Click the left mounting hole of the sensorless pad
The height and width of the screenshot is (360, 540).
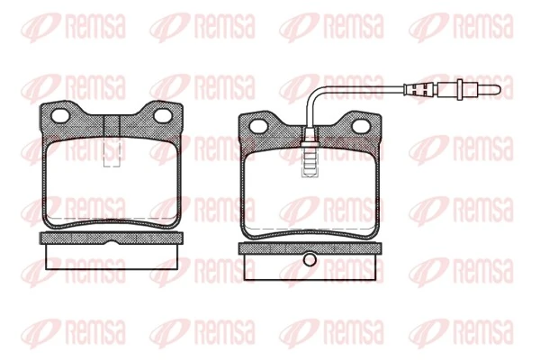(x=62, y=116)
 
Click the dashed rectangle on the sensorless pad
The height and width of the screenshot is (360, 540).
(x=112, y=154)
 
